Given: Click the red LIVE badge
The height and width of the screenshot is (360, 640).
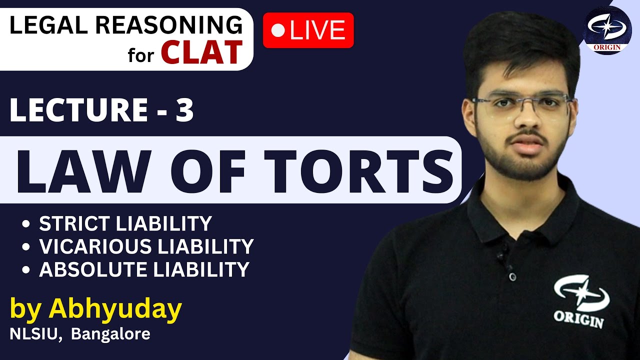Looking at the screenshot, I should pos(308,30).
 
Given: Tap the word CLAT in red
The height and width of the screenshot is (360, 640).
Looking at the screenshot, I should pos(201,52).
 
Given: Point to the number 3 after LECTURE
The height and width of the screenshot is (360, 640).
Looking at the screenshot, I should pos(184,111).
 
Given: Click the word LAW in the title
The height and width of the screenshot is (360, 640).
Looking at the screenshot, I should pos(82,170).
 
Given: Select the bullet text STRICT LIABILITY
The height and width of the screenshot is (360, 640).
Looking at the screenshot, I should pos(125,223).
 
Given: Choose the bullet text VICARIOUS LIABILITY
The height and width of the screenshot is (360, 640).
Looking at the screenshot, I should pos(146,246).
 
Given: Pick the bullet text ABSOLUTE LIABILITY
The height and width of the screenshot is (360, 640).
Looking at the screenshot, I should pos(144,269).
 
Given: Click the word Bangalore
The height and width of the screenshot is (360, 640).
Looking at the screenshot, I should pos(110,333).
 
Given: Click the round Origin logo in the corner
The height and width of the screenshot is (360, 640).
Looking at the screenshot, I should pos(607,30).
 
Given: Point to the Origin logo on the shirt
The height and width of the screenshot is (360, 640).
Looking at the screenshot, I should pos(580,300).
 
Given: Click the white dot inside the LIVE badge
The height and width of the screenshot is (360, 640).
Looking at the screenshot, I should pos(277,31).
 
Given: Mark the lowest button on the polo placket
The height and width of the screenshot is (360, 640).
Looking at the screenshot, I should pos(511,276).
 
